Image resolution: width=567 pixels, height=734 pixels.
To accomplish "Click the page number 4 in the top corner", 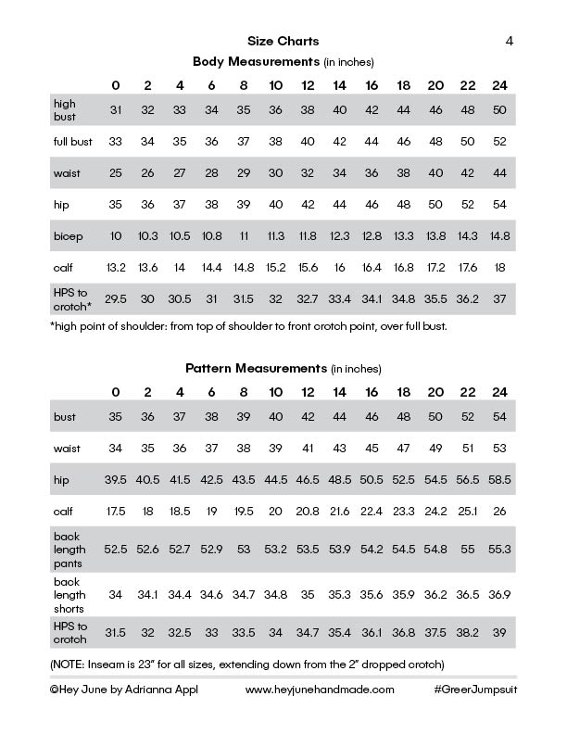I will (x=510, y=41).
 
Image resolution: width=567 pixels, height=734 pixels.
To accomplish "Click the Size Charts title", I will (x=283, y=41).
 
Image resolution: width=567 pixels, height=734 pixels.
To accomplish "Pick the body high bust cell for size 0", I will (x=115, y=109).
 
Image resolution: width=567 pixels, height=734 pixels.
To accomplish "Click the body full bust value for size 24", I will (x=499, y=142).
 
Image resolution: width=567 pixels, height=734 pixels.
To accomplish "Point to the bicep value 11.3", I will (x=275, y=236).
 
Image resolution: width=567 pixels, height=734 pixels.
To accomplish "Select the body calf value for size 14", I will (x=339, y=268).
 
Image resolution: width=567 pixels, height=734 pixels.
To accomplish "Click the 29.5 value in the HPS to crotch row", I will (x=115, y=298).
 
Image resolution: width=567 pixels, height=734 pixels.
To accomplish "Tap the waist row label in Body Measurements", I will (x=67, y=173).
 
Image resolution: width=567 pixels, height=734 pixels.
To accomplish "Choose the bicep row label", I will (x=67, y=236).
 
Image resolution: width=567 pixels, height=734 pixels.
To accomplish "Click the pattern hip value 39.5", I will (x=115, y=480).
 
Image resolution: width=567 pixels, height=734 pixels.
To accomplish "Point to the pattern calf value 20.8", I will (x=308, y=512).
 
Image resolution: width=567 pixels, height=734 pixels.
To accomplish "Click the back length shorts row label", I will (x=69, y=594).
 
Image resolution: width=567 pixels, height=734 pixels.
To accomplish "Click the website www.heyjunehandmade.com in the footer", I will (x=321, y=690).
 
